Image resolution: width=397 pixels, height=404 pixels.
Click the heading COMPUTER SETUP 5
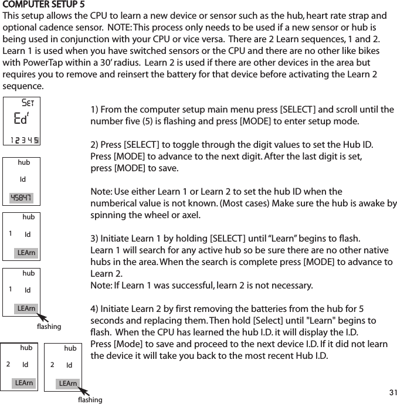pos(43,5)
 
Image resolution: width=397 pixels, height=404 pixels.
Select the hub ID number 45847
pos(22,197)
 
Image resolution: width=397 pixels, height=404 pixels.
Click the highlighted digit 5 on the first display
pos(37,140)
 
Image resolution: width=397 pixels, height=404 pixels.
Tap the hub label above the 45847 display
pos(23,162)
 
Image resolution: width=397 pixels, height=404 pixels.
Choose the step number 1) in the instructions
pos(96,110)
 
